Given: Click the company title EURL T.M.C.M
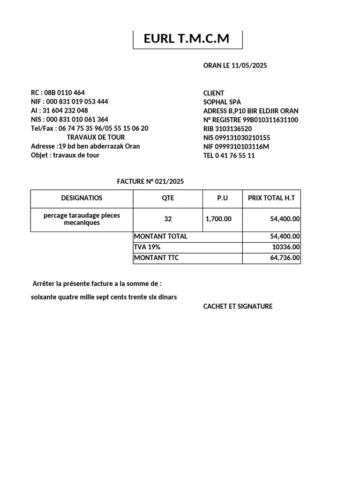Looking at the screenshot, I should coord(187,39).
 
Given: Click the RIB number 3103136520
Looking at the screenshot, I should coord(234,129).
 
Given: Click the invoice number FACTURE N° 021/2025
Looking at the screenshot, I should coord(154,181).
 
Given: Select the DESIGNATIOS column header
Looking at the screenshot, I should coord(82,198).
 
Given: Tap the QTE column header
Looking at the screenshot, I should coord(168,198).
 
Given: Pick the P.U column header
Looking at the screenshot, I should coord(222,198).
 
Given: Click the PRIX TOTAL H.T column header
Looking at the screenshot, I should coord(271,198).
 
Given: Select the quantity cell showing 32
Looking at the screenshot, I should coord(168,219).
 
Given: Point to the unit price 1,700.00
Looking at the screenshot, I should coord(218,219).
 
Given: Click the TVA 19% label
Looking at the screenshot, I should coord(147,247).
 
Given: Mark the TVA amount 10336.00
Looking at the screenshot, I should coord(286,247).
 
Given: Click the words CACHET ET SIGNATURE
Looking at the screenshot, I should coord(238,307).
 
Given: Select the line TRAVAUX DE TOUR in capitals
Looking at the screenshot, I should coord(96,137).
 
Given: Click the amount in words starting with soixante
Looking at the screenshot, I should coord(104,297).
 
